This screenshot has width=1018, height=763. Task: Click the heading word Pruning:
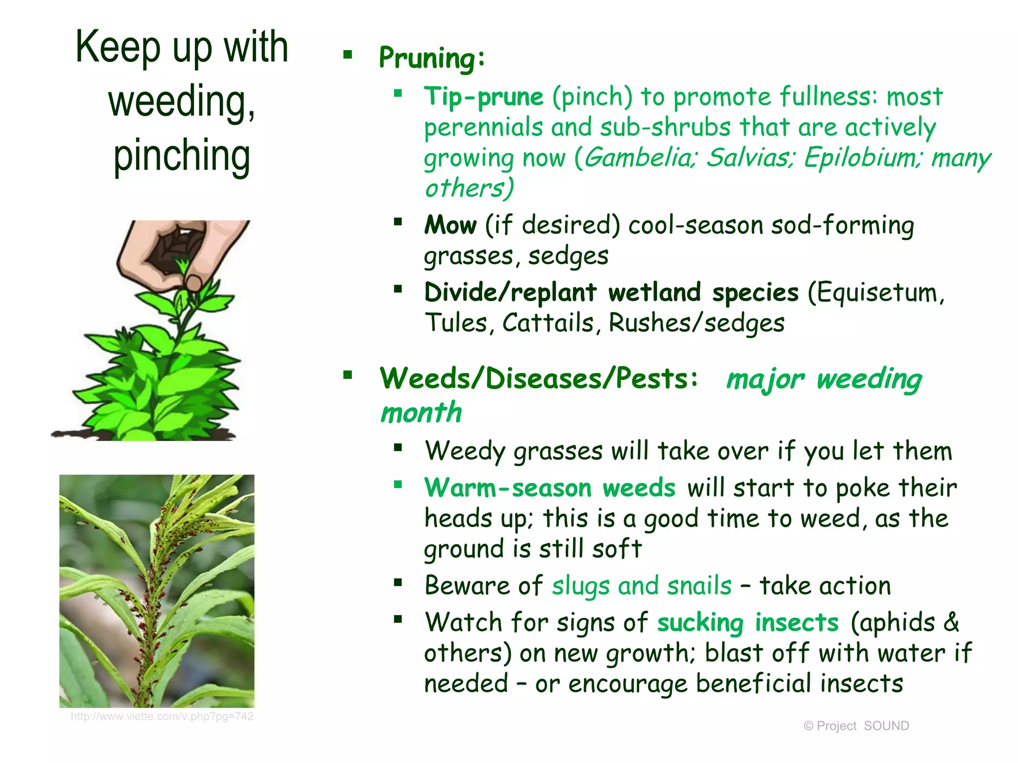coord(431,58)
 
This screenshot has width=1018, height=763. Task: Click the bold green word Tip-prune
coord(484,96)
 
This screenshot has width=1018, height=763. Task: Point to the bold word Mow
coord(450,225)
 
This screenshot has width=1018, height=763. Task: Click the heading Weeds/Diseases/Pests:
coord(539,379)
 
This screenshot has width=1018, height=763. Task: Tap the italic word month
coord(421,413)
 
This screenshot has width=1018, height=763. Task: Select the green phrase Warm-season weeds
coord(550,488)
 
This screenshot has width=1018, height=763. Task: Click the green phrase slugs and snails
coord(642,586)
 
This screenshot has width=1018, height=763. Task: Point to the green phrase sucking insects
coord(748,622)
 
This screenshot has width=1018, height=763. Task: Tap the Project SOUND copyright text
coord(856,726)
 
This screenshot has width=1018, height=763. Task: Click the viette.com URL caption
coord(162,716)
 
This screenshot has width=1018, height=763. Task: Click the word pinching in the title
coord(182,155)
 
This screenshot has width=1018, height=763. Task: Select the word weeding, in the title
coord(182,101)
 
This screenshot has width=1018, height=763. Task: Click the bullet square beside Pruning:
coord(348,55)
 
